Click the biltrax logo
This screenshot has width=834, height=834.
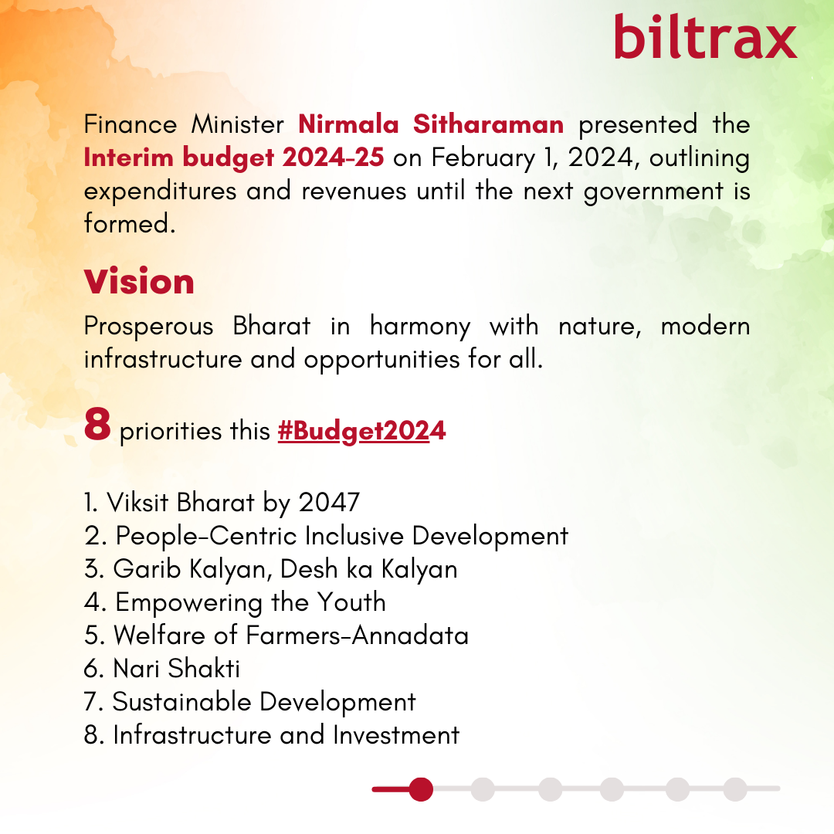[705, 37]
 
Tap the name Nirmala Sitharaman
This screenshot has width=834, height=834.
[431, 124]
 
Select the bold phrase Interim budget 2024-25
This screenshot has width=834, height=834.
[233, 158]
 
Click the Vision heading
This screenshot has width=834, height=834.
[139, 281]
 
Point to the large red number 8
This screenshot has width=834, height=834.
[97, 425]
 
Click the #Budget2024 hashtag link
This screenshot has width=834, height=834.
[361, 431]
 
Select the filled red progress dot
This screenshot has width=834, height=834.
[421, 789]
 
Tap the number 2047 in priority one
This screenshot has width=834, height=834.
[329, 503]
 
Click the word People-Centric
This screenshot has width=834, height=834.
[206, 536]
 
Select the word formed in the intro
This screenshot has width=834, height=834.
[130, 223]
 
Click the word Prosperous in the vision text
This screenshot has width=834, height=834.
[149, 326]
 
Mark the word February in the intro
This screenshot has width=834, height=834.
[483, 158]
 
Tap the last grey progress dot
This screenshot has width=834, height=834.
[735, 789]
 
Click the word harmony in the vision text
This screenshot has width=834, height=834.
[420, 326]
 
